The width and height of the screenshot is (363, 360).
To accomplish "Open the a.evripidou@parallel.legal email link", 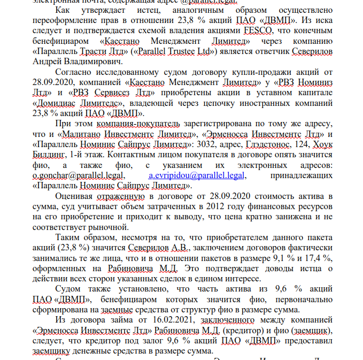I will tap(197, 175).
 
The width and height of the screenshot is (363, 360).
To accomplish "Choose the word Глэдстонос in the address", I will tap(265, 144).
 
